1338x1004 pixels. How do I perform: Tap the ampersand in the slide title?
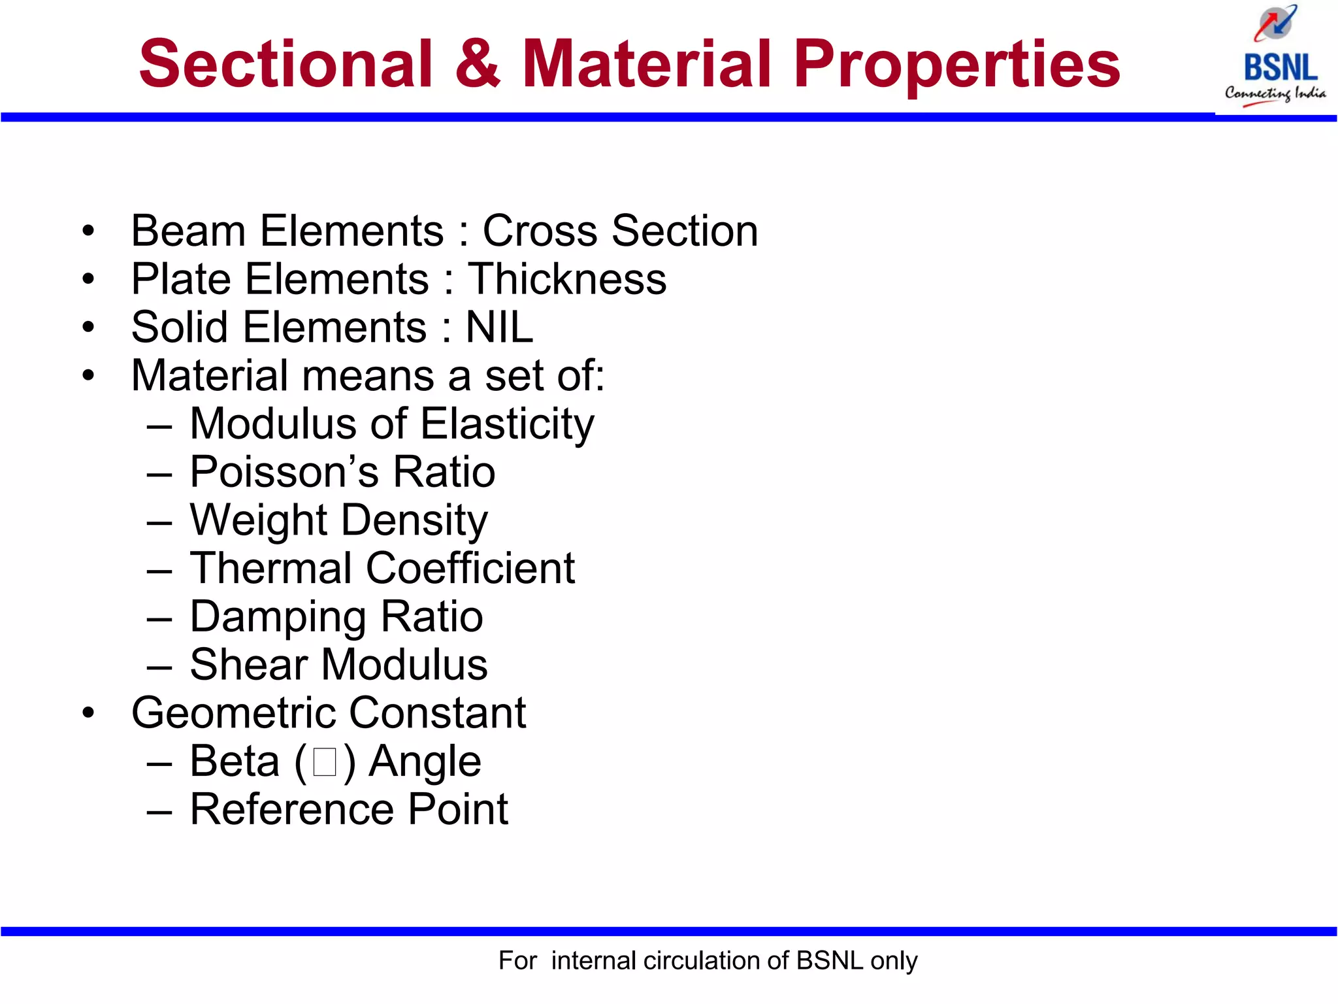pos(478,64)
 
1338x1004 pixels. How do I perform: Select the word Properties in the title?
pos(956,64)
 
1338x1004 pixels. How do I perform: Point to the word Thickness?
pos(567,280)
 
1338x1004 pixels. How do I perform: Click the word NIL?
pos(499,327)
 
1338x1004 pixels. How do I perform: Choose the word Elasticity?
pos(507,424)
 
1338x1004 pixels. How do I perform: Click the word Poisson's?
pos(284,472)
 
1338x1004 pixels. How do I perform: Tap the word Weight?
pos(258,520)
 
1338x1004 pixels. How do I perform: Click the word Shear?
pos(248,665)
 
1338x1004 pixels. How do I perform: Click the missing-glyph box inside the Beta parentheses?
pos(325,762)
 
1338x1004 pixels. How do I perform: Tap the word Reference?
pos(291,810)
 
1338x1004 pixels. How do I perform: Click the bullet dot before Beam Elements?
pos(88,231)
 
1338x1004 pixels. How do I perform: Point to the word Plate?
pos(181,280)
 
